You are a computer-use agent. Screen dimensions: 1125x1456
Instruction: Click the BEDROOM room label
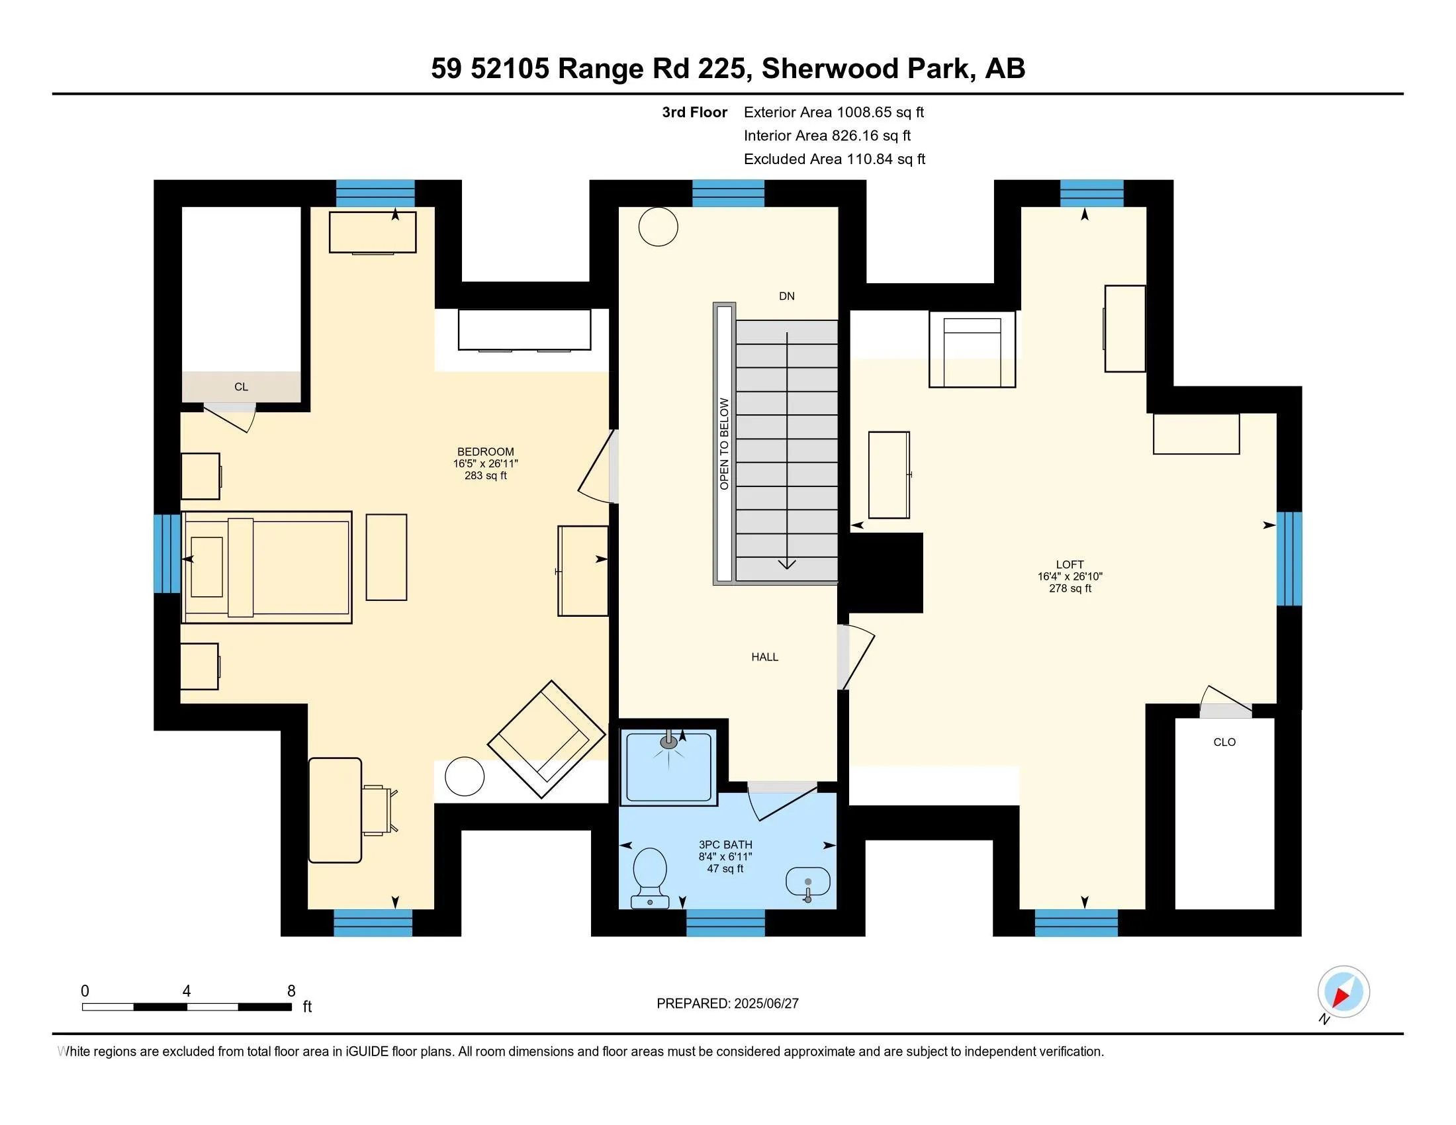(485, 452)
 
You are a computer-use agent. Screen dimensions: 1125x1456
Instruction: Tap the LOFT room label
(1069, 564)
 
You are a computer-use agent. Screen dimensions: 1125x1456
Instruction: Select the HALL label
(764, 657)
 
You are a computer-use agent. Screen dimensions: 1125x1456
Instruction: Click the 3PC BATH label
(725, 844)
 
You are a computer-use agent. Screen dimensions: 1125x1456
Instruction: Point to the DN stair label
(787, 296)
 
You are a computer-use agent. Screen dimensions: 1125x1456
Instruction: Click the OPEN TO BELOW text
(725, 444)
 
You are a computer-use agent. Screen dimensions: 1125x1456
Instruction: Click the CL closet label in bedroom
(242, 387)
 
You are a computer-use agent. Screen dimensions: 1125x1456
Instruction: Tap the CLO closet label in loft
(1224, 742)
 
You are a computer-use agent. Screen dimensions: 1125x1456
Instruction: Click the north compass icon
(1343, 993)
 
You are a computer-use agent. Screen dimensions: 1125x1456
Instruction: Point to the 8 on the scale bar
(291, 991)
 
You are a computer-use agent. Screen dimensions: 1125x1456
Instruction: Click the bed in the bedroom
(267, 568)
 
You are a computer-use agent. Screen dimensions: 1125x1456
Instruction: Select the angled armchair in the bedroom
(547, 739)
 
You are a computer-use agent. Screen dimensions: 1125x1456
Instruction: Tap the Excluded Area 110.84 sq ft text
(834, 159)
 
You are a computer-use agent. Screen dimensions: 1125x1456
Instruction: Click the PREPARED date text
(727, 1004)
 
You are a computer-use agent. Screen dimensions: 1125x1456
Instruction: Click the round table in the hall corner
(658, 227)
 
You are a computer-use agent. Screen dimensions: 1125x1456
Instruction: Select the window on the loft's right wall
(1289, 559)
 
